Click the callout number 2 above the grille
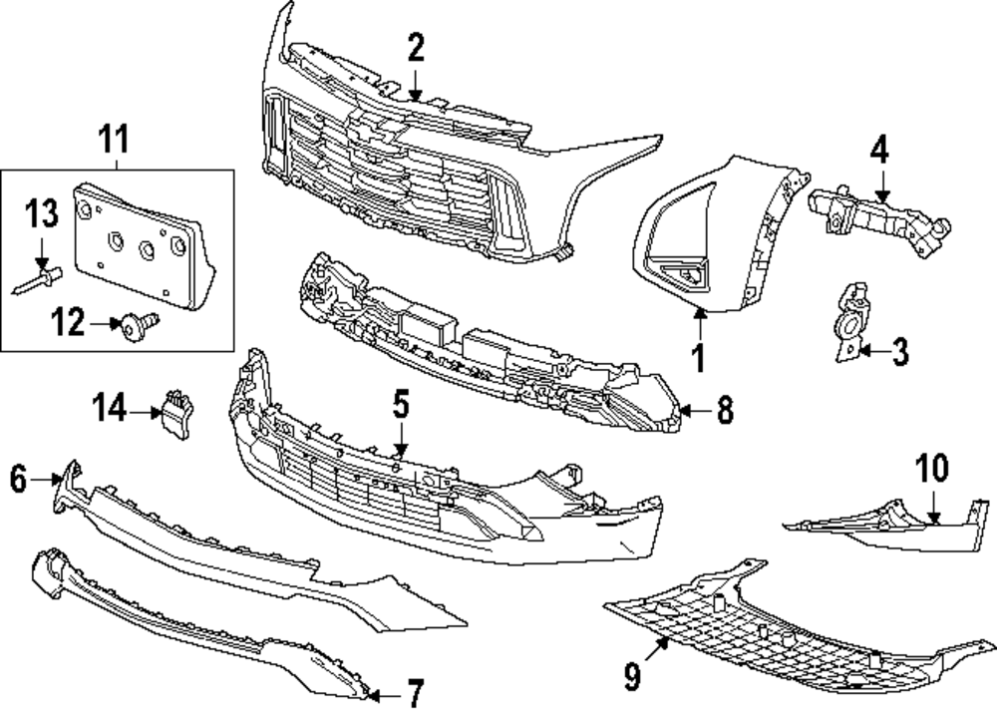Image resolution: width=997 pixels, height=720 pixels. (x=416, y=48)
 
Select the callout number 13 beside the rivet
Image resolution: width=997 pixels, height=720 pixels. (x=42, y=214)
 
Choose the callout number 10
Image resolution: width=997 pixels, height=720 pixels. (x=934, y=469)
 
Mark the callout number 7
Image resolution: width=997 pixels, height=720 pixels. (x=413, y=691)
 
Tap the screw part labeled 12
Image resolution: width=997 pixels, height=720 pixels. (x=136, y=325)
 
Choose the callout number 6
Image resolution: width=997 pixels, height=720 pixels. (x=18, y=480)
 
